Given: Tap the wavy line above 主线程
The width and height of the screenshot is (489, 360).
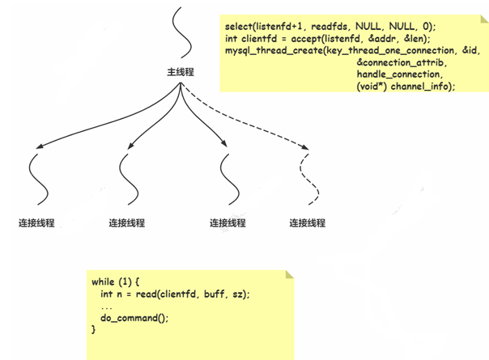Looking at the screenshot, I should pyautogui.click(x=182, y=32).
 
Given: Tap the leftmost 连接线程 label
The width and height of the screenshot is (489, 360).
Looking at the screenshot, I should pyautogui.click(x=37, y=222).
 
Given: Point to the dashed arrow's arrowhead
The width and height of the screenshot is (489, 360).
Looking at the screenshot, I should pyautogui.click(x=306, y=149).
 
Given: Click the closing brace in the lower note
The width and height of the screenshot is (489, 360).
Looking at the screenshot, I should pyautogui.click(x=94, y=330).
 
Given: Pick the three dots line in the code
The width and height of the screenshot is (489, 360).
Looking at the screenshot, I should pyautogui.click(x=108, y=307).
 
